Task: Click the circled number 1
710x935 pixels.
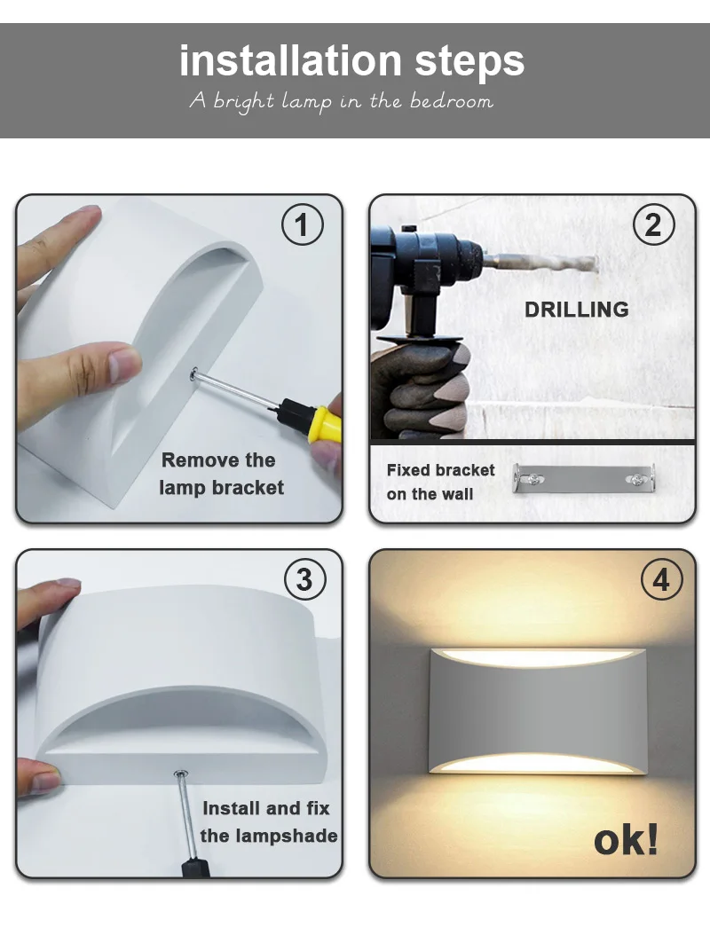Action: (x=302, y=225)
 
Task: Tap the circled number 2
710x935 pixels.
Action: (x=653, y=224)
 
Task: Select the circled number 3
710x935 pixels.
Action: (x=304, y=579)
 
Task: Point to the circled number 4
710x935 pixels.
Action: (x=661, y=579)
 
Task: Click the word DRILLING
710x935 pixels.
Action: (x=576, y=310)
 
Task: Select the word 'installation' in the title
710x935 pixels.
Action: (x=290, y=61)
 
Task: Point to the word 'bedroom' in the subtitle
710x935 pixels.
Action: (x=452, y=101)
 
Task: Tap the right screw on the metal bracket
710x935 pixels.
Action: (x=636, y=478)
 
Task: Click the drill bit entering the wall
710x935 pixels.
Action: (x=540, y=262)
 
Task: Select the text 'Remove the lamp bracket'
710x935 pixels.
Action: (x=221, y=474)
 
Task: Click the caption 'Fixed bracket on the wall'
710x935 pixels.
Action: (x=440, y=482)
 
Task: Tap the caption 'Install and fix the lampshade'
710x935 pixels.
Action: (x=269, y=821)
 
